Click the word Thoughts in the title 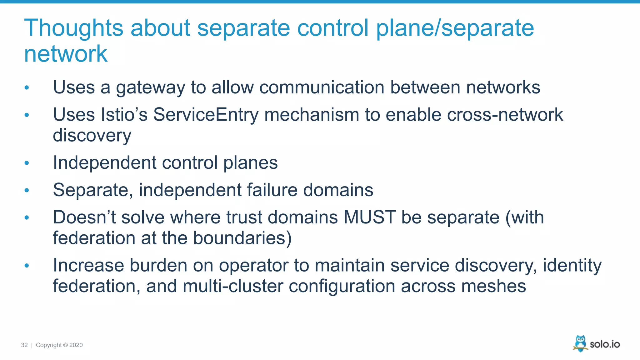[74, 28]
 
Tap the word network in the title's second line [66, 54]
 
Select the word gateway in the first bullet [151, 87]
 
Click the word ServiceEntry [206, 115]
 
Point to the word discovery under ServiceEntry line [92, 136]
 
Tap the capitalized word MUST [369, 217]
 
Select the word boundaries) [242, 238]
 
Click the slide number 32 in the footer [24, 345]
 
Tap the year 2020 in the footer [76, 345]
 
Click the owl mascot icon [580, 343]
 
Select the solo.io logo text [605, 344]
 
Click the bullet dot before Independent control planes [27, 163]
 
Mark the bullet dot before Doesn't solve [27, 217]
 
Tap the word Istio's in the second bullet [124, 115]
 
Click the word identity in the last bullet [572, 265]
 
